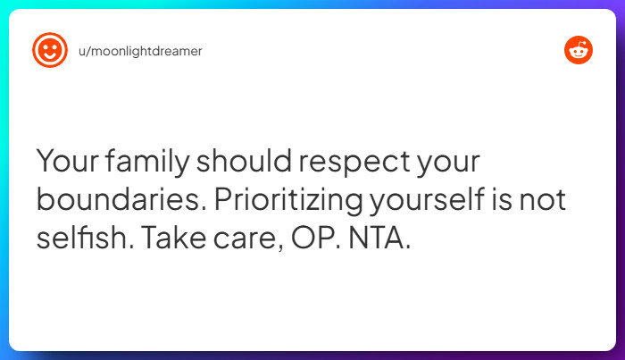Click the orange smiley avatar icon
tap(49, 50)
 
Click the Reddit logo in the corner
tap(579, 50)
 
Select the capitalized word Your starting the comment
tap(68, 163)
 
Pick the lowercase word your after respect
tap(448, 164)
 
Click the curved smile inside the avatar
tap(49, 56)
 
